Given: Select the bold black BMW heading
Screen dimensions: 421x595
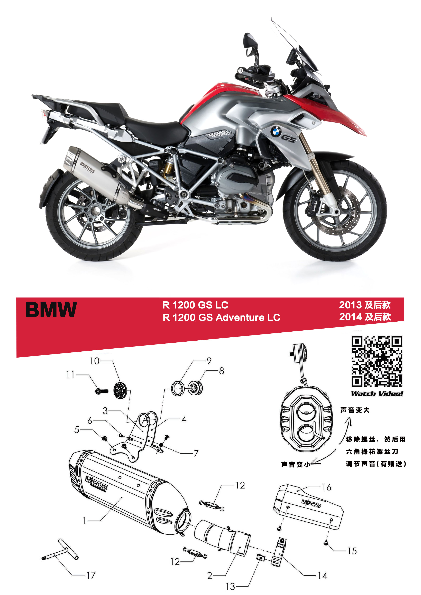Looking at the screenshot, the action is pos(51,310).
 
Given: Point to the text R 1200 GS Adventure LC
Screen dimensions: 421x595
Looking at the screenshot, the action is pos(221,318).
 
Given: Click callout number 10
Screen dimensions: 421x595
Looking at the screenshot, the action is pos(95,361).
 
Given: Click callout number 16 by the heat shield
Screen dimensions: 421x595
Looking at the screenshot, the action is pos(327,487).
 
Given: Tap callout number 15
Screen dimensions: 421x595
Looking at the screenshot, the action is pos(352,551).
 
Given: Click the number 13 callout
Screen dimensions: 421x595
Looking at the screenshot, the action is pos(230,586).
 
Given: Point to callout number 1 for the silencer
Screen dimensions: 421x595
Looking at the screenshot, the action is pos(85,521).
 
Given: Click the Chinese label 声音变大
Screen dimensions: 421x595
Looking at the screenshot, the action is pos(355,410).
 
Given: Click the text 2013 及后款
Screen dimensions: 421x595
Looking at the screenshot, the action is pos(365,305).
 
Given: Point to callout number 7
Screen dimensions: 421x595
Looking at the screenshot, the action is pos(196,453).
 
